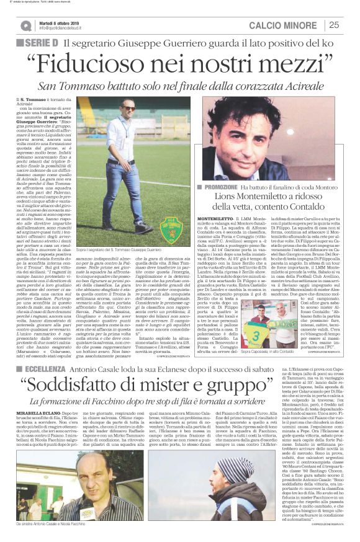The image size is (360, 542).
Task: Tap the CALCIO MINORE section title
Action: (285, 25)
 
